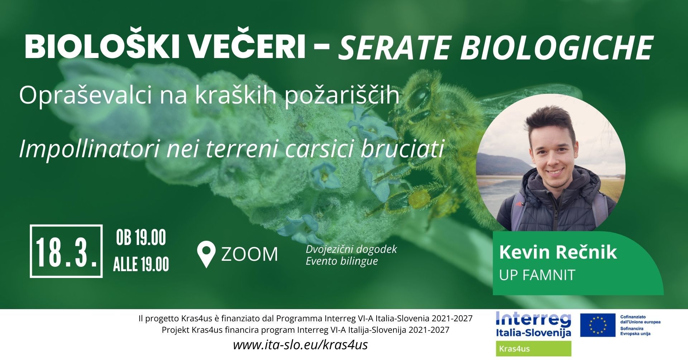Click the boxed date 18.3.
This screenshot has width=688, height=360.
pos(66,251)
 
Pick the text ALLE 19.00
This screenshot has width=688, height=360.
pos(141,264)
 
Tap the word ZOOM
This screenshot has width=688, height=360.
pos(250,254)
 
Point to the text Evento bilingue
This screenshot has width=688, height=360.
pos(342,261)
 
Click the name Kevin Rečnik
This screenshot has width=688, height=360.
pos(558,252)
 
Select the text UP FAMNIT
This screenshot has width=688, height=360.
pos(537,275)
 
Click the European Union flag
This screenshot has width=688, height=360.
pos(597,325)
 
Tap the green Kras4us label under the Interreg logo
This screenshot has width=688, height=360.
pos(534,349)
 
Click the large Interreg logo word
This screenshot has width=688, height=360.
pos(534,319)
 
